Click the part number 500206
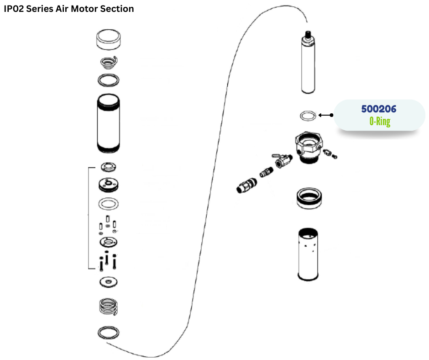pos(379,109)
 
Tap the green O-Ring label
pos(380,122)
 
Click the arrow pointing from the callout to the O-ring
pos(325,115)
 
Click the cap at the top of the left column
pos(109,40)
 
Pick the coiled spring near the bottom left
pos(109,307)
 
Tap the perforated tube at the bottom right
pos(308,254)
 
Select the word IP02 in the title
pos(14,9)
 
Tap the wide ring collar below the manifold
pos(308,197)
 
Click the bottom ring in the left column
pos(109,332)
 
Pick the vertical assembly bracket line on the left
pos(88,218)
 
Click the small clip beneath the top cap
pos(109,62)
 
